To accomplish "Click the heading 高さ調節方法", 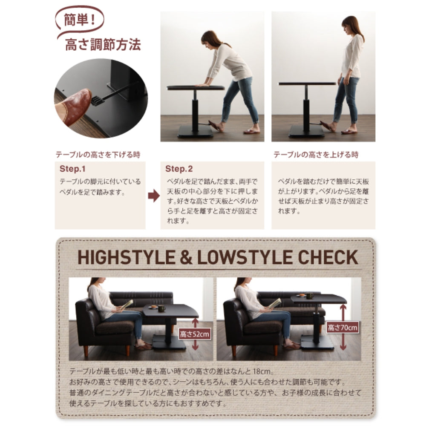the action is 103,45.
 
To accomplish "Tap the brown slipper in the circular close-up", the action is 73,106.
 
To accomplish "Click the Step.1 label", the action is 72,169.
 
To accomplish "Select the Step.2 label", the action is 179,169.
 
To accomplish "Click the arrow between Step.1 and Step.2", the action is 154,196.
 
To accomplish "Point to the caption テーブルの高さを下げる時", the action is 98,155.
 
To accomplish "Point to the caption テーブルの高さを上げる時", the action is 316,155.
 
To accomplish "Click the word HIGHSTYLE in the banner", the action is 127,257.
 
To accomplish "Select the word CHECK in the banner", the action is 328,257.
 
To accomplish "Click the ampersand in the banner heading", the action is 186,257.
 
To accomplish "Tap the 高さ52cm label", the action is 195,334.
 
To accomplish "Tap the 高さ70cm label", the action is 343,327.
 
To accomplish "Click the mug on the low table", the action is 161,308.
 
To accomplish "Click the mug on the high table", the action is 309,295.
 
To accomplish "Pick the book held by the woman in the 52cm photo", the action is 127,304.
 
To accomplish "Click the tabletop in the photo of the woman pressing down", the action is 196,87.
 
